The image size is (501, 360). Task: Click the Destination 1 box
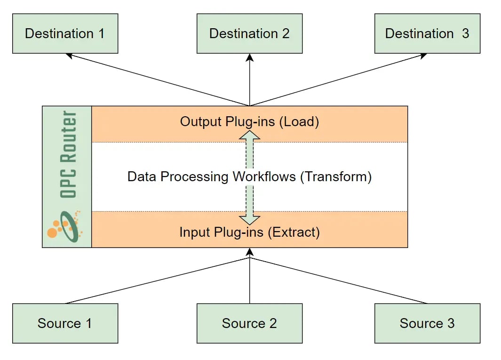click(65, 33)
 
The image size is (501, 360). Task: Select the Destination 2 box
click(249, 33)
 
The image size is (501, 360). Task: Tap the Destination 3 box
click(427, 33)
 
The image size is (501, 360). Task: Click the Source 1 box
click(65, 323)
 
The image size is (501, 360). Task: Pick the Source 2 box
click(249, 323)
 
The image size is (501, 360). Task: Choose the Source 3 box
click(427, 323)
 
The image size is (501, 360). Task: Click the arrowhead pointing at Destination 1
click(69, 56)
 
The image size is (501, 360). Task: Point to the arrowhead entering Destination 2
click(249, 57)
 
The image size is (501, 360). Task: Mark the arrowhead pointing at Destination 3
click(423, 56)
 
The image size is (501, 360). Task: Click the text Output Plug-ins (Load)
click(249, 121)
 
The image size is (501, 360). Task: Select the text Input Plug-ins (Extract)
click(249, 232)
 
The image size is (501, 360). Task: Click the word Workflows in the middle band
click(264, 177)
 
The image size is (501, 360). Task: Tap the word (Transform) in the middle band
click(336, 177)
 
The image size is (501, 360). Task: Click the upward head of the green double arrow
click(249, 135)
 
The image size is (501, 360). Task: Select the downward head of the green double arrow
click(249, 219)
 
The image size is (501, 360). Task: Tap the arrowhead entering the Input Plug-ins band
click(249, 252)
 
